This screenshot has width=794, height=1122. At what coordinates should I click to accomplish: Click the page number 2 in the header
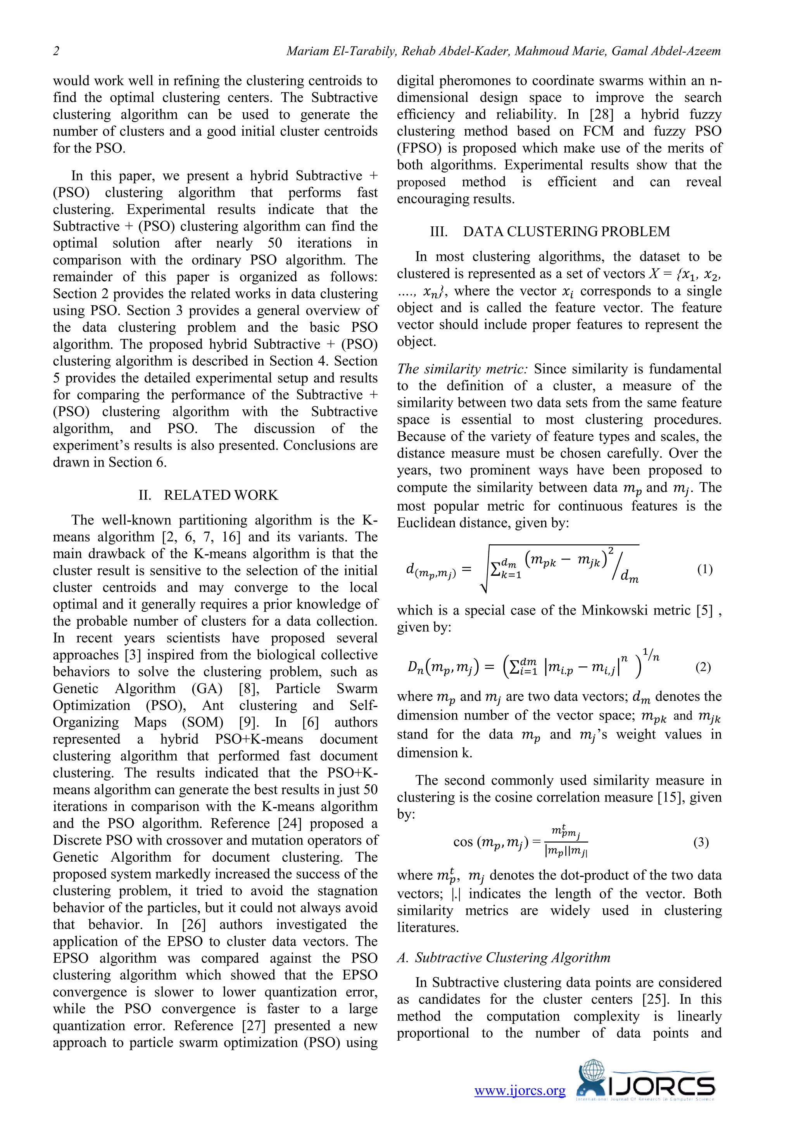point(56,51)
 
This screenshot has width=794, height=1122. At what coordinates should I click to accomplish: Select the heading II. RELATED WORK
point(208,495)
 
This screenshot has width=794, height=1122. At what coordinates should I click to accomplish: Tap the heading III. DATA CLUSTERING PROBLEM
point(549,231)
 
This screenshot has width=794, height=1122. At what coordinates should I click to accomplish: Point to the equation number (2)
point(703,667)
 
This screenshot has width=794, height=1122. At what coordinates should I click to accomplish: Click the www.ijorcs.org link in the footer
point(520,1090)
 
